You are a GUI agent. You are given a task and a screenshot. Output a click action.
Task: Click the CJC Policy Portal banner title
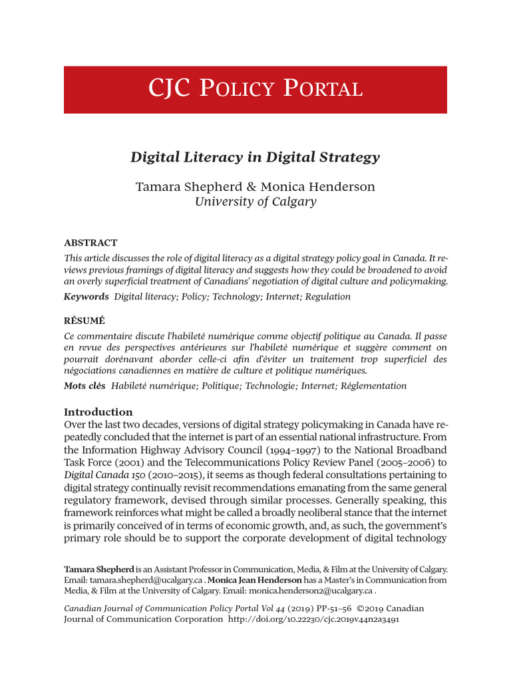[255, 89]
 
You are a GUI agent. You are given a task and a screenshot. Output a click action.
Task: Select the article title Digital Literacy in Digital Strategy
[255, 158]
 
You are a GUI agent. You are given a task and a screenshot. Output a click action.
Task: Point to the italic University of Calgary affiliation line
[255, 202]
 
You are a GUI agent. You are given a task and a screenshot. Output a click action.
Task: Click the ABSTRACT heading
[90, 243]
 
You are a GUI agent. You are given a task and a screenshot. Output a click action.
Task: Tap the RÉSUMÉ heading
[85, 321]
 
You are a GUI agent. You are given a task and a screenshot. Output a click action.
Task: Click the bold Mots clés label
[85, 386]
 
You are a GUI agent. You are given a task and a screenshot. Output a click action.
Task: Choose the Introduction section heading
[98, 412]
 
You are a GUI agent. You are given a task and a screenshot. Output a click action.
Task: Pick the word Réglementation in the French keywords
[373, 386]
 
